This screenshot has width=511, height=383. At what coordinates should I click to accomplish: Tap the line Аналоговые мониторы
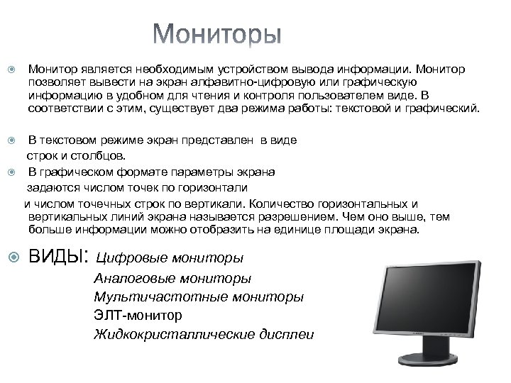tap(172, 278)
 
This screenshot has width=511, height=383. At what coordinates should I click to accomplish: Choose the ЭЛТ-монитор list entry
tap(138, 314)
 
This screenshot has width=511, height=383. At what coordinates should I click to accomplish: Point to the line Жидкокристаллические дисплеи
tap(204, 333)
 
